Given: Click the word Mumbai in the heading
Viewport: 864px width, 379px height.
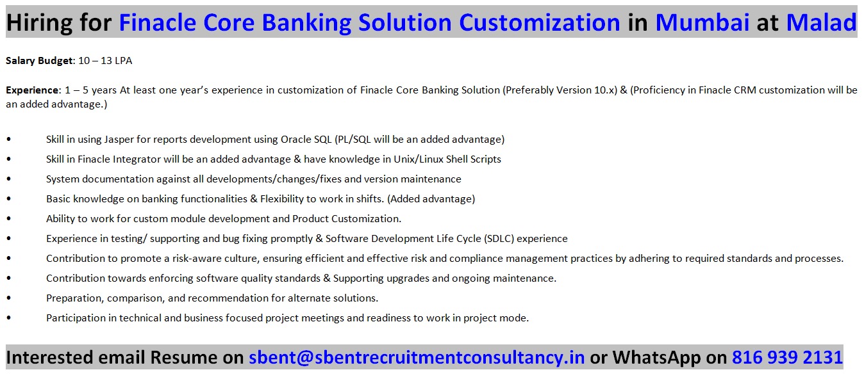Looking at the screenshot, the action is pyautogui.click(x=702, y=22).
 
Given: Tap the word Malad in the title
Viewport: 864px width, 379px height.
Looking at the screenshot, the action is pyautogui.click(x=821, y=22).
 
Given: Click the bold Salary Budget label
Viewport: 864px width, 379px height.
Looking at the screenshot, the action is pyautogui.click(x=39, y=61).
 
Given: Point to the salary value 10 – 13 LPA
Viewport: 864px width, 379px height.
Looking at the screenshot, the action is pyautogui.click(x=105, y=61).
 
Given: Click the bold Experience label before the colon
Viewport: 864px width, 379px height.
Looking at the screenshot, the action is pyautogui.click(x=33, y=90).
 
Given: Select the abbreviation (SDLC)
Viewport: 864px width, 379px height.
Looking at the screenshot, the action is pyautogui.click(x=499, y=239).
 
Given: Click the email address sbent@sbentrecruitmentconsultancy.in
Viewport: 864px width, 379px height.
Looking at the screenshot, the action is pyautogui.click(x=417, y=357).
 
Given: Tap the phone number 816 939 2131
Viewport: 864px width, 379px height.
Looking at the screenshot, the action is pyautogui.click(x=787, y=357).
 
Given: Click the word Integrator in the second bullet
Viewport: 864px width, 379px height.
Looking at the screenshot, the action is pyautogui.click(x=137, y=159).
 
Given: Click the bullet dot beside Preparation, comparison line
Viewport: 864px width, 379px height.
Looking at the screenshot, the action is pyautogui.click(x=9, y=298).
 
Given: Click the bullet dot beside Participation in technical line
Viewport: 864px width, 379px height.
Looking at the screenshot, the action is pyautogui.click(x=9, y=318).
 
